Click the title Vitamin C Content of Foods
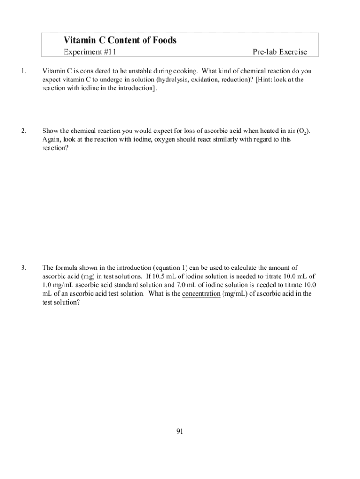pos(120,40)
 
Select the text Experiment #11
pos(90,52)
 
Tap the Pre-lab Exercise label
pos(280,52)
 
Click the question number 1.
pos(23,72)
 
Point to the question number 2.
pos(23,131)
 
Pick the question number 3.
pos(23,268)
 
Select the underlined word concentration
pos(201,294)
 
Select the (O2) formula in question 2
pos(302,131)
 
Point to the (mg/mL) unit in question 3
pos(237,294)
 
